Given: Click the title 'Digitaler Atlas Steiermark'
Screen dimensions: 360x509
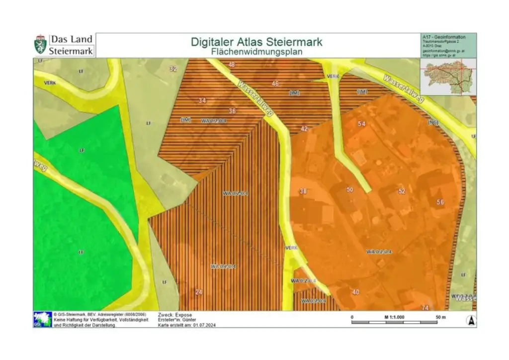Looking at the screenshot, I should (x=256, y=42).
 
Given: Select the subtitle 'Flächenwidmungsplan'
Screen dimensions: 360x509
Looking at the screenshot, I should (x=256, y=51).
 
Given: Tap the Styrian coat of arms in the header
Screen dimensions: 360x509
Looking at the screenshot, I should (x=40, y=45).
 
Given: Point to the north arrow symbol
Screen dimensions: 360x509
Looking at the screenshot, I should (x=470, y=321).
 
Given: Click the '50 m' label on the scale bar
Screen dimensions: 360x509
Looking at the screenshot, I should (x=440, y=317).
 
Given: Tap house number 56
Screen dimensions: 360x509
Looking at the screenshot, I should (x=440, y=202).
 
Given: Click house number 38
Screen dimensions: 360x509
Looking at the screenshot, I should (x=303, y=191).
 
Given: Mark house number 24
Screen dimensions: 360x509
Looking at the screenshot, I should (x=199, y=292).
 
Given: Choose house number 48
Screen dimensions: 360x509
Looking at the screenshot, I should (x=232, y=65).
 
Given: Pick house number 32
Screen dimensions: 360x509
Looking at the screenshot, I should (x=173, y=69).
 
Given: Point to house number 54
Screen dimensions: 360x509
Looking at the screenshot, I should (x=361, y=123).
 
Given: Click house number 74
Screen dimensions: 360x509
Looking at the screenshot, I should (x=425, y=308).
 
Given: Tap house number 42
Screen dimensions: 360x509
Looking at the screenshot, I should (x=304, y=129).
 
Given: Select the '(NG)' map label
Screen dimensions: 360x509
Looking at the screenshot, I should (x=433, y=122).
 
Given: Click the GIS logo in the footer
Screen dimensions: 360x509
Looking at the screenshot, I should (x=42, y=319).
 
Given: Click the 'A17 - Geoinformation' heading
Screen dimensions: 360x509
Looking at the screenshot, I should (x=443, y=37).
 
